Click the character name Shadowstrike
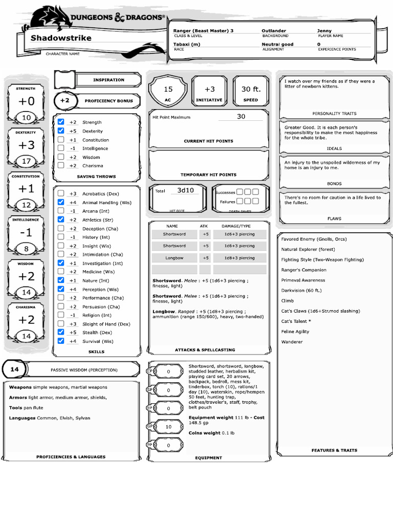coord(61,38)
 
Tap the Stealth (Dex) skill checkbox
coord(61,332)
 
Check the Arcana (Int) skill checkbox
coord(61,211)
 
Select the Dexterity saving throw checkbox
coord(61,131)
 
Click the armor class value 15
coord(168,89)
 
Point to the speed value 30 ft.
coord(251,89)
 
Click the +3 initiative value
coord(209,89)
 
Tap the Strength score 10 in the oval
coord(26,118)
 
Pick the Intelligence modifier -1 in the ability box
coord(26,232)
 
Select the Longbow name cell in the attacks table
coord(174,258)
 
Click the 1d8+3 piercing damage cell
coord(239,258)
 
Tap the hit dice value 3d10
coord(186,190)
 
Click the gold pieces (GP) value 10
coord(168,426)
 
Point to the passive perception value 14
coord(14,369)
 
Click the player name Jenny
coord(324,31)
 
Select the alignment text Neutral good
coord(277,45)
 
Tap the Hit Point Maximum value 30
coord(241,117)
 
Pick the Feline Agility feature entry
coord(295,331)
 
